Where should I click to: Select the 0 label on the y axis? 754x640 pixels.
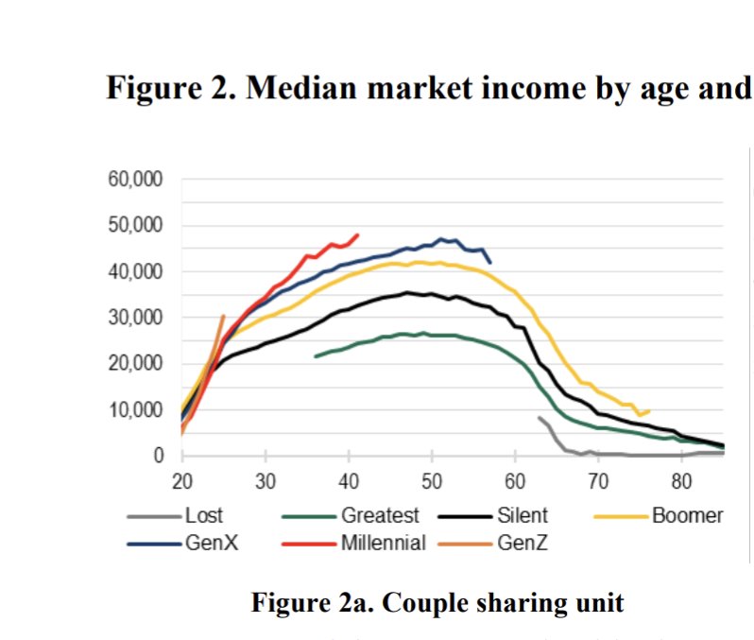(158, 457)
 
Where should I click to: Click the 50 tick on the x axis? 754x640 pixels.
(432, 481)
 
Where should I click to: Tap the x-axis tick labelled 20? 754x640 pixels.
(182, 481)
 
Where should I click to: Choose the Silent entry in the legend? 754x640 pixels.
(523, 516)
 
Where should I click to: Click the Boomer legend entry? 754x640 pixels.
(687, 516)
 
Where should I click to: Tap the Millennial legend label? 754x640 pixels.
(383, 543)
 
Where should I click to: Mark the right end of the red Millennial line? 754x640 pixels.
(358, 234)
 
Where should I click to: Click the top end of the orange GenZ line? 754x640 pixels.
(223, 316)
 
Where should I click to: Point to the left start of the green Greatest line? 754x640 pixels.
(316, 356)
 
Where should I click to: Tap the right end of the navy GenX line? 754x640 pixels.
(490, 262)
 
